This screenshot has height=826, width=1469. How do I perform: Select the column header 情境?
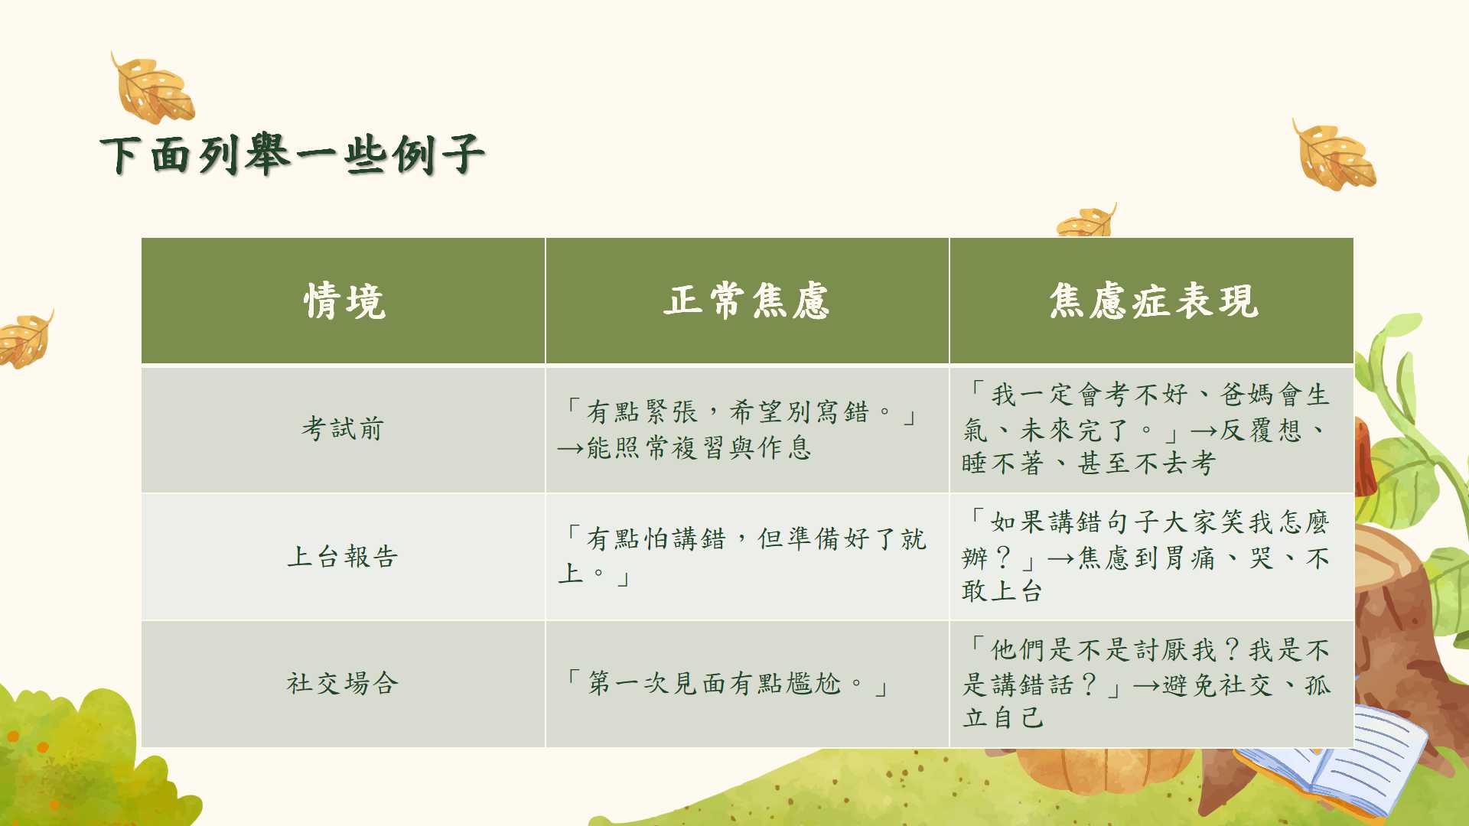tap(344, 301)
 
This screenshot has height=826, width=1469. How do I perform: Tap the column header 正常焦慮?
tap(747, 301)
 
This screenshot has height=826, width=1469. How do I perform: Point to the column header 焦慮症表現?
tap(1153, 301)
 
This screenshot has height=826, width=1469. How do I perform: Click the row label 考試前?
tap(343, 428)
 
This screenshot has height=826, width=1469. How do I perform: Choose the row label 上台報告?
tap(343, 556)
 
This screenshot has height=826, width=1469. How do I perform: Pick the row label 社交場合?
tap(343, 683)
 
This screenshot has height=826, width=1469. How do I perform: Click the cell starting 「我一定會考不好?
tap(1146, 428)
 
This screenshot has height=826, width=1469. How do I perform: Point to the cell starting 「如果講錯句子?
tap(1146, 556)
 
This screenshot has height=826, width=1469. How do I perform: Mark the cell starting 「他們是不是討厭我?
tap(1146, 684)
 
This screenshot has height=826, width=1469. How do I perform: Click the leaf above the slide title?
tap(154, 89)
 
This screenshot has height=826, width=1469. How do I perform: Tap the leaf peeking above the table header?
tap(1086, 220)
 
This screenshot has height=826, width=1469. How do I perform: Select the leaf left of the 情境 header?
tap(25, 339)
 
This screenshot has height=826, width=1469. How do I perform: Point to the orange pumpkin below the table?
tap(1105, 769)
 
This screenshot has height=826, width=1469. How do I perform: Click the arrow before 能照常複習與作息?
tap(571, 448)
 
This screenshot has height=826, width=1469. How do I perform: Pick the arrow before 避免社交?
tap(1146, 686)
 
